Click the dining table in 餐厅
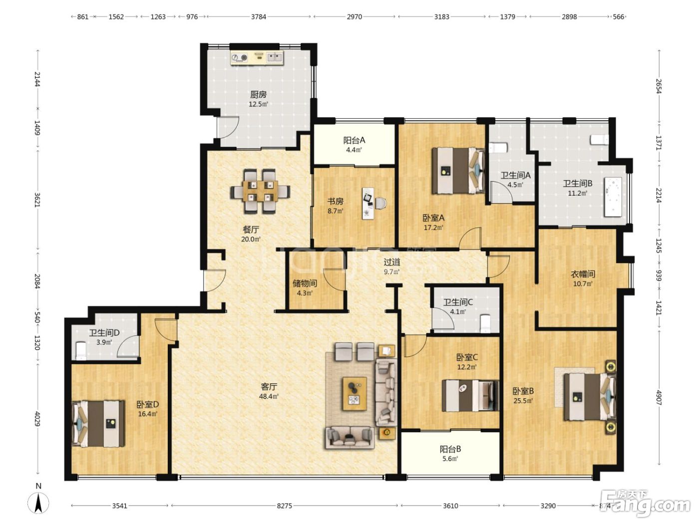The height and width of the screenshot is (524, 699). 260,191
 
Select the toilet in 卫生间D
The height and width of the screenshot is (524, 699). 81,351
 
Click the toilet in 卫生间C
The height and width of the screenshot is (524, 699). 485,324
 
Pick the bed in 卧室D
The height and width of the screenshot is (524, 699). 98,424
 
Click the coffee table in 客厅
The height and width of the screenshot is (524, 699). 354,394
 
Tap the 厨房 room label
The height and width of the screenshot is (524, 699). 258,94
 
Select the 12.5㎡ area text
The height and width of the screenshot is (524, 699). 258,104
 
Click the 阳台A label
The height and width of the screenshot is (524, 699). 354,140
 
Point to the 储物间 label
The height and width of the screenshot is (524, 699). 305,283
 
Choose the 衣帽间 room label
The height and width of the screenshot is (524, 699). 583,274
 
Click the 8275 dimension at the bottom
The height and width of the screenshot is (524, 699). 284,506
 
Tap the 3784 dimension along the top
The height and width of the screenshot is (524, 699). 258,17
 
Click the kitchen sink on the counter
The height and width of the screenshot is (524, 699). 274,57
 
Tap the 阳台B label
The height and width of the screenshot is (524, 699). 450,449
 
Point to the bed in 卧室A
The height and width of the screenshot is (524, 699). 458,171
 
